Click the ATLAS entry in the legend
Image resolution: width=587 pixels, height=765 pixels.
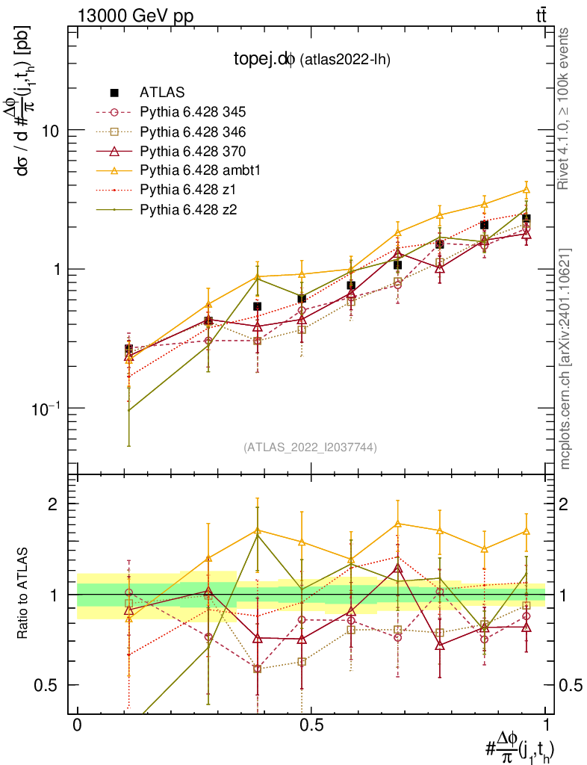161,93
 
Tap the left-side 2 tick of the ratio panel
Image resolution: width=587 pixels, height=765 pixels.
53,504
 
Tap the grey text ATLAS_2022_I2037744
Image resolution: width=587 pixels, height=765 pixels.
309,447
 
